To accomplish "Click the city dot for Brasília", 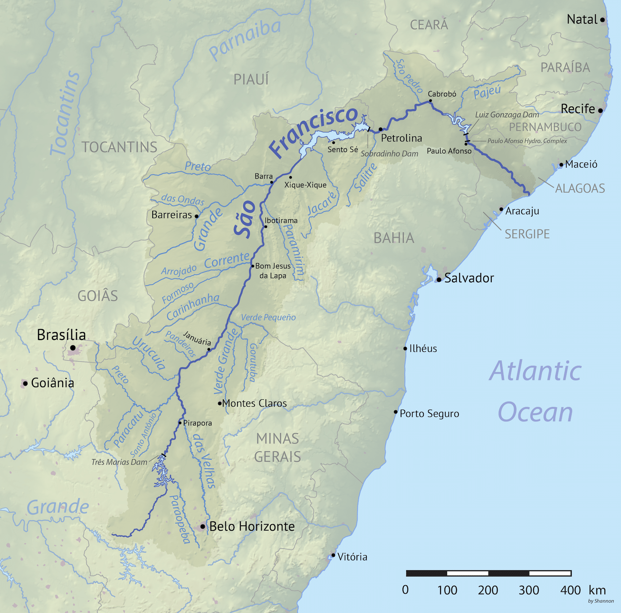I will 73,348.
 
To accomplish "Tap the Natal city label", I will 582,20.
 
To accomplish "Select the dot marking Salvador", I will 439,280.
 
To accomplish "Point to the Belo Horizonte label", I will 252,526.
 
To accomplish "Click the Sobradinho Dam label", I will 389,154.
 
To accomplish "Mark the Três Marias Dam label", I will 119,462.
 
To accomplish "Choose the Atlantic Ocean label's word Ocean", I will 535,412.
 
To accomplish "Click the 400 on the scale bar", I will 570,590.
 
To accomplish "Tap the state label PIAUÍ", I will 251,79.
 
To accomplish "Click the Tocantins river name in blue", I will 65,113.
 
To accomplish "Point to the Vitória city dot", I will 333,555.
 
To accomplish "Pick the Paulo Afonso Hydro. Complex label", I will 527,141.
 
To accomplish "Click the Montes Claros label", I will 254,403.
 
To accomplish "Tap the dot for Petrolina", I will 380,129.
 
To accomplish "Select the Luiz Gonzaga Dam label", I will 507,115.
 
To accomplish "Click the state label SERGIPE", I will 527,234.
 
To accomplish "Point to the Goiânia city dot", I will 25,383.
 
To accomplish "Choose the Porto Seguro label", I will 429,414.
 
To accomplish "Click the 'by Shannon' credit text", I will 601,601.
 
